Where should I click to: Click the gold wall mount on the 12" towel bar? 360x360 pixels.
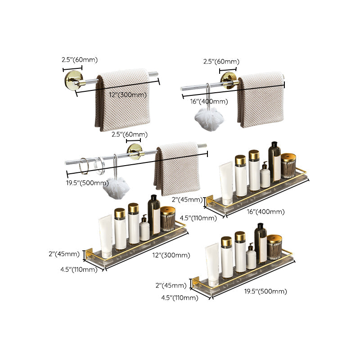(72, 81)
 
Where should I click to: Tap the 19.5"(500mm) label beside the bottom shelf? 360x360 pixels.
(265, 291)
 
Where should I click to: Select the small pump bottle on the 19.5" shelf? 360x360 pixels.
(251, 258)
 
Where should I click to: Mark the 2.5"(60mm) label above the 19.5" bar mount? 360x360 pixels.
(130, 134)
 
